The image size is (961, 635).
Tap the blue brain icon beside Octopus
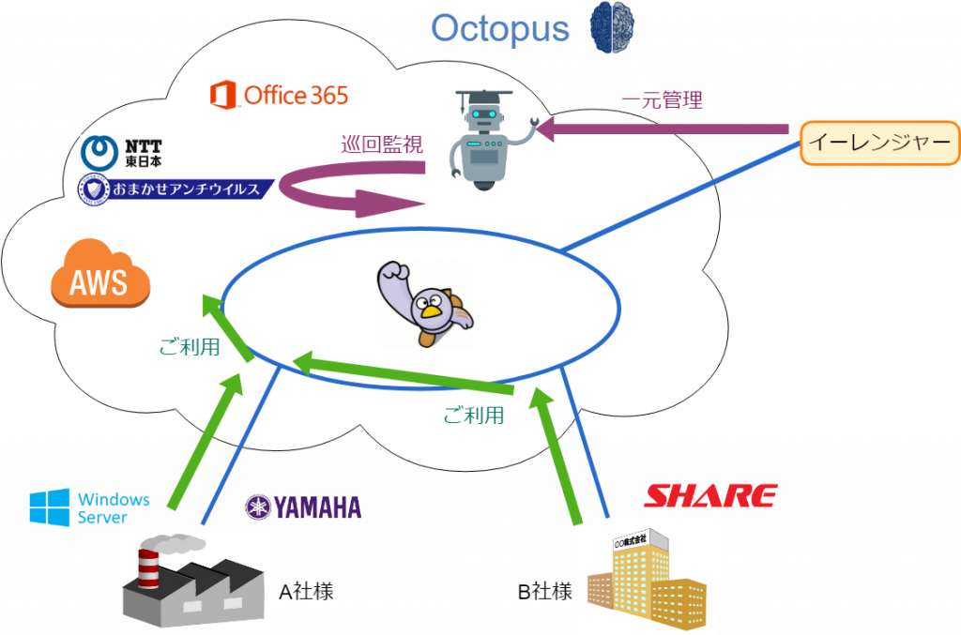tap(612, 25)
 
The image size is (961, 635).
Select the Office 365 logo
tap(280, 95)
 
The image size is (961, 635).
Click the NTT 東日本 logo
tap(122, 154)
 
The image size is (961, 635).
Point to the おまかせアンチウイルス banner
tap(175, 189)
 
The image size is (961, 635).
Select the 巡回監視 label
tap(381, 144)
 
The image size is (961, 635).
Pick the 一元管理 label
tap(662, 99)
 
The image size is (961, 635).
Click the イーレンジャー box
tap(878, 143)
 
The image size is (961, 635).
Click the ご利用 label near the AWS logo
tap(190, 347)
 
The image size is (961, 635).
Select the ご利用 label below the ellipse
tap(473, 415)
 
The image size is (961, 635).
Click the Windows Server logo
tap(89, 506)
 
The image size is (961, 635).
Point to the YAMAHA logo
tap(303, 507)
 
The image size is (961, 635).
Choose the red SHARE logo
tap(709, 495)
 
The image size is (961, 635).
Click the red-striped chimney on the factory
tap(149, 568)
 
